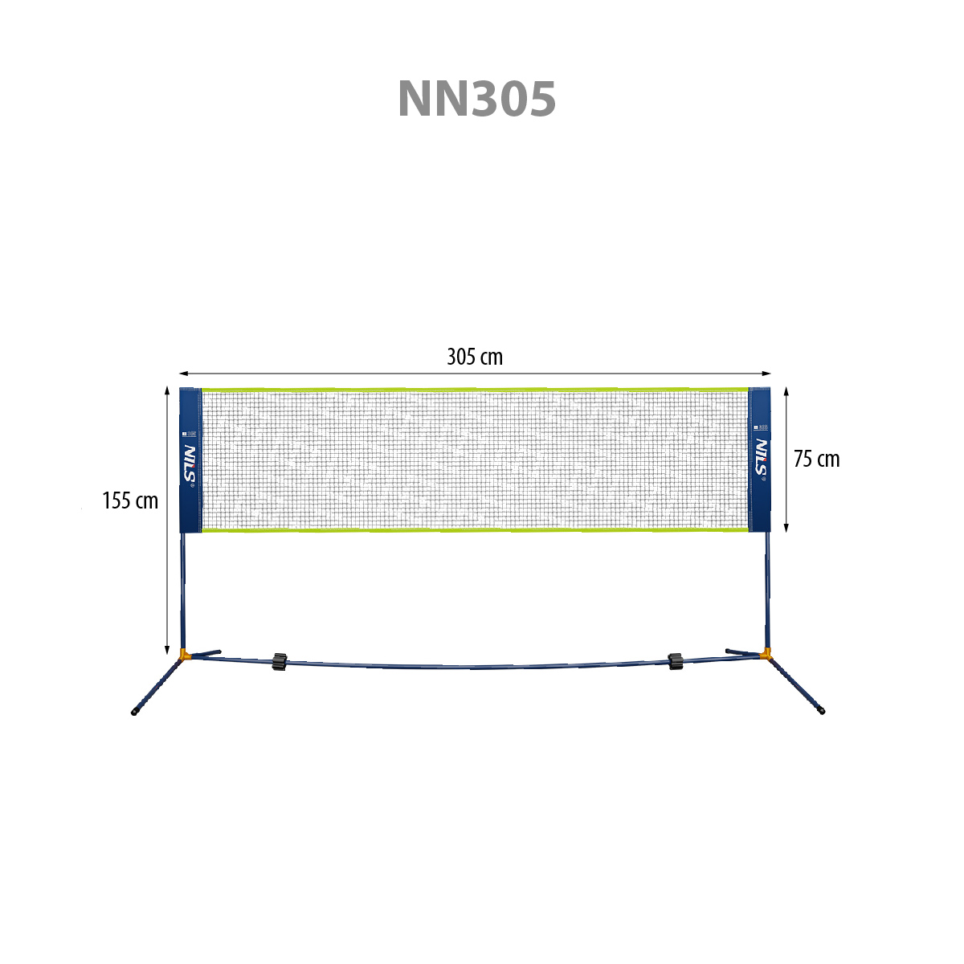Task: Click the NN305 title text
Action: (x=476, y=100)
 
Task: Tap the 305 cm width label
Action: (x=475, y=357)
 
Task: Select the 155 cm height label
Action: (x=130, y=501)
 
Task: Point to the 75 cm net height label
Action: (x=816, y=459)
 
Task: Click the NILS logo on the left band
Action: (x=190, y=464)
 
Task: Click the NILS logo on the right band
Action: (x=761, y=459)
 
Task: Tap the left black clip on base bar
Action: (x=280, y=661)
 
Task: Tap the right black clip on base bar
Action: (x=675, y=661)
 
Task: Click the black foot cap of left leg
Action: (x=134, y=713)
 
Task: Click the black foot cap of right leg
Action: (x=821, y=711)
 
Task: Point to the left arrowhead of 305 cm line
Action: (x=182, y=374)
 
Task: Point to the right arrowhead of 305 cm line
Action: (x=767, y=374)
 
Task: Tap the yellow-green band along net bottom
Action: (x=474, y=530)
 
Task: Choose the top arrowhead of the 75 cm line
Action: (x=786, y=391)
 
